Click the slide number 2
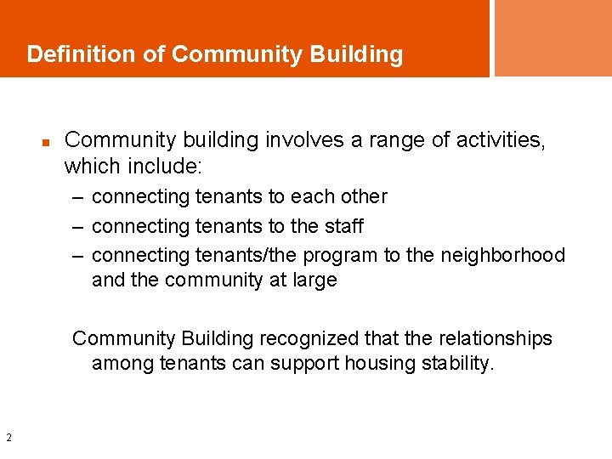8,438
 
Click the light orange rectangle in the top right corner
552,37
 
